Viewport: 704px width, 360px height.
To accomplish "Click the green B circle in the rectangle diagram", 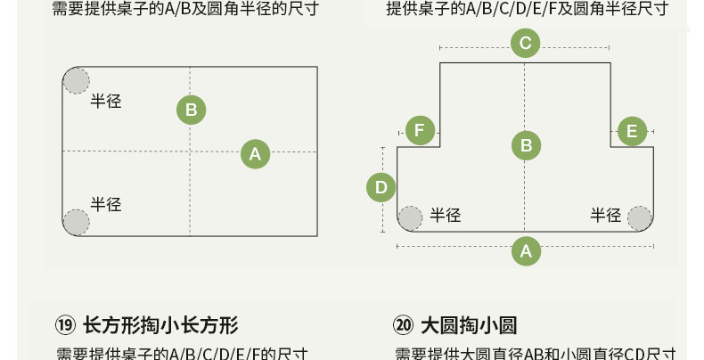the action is tap(191, 110).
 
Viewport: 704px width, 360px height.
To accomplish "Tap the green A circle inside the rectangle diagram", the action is tap(255, 154).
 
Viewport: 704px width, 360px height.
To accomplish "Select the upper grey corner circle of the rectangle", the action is tap(76, 80).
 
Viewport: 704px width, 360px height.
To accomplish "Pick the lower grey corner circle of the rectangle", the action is tap(76, 221).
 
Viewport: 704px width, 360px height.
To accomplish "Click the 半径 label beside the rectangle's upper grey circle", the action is tap(106, 101).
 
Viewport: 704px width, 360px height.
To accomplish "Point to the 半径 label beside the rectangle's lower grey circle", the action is tap(106, 204).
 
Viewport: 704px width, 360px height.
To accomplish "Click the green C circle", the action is tap(525, 43).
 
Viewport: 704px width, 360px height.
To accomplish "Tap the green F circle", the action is tap(420, 131).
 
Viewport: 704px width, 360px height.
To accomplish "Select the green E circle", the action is tap(632, 131).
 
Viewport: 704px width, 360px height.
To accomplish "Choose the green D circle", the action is tap(381, 187).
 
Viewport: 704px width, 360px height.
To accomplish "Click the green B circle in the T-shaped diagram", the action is tap(526, 145).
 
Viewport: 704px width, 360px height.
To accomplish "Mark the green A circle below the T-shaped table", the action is tap(526, 251).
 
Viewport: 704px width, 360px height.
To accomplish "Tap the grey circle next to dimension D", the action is tap(411, 217).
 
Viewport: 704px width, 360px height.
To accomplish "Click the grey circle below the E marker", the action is tap(640, 217).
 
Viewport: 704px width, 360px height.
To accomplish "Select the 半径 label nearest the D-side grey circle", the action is tap(446, 215).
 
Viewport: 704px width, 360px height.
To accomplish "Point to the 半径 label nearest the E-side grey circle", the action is tap(606, 215).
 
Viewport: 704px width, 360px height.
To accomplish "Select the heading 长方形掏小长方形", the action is tap(160, 325).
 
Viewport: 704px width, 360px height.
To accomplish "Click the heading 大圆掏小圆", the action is tap(469, 325).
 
